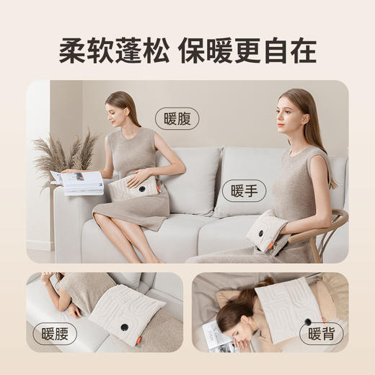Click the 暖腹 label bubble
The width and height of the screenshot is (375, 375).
pyautogui.click(x=177, y=118)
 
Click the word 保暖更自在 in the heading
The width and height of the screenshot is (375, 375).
pyautogui.click(x=250, y=51)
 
